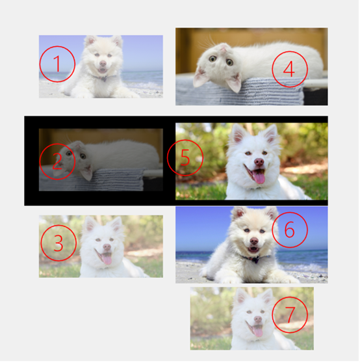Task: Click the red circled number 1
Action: (57, 64)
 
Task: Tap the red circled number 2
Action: (57, 161)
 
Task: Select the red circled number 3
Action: (58, 243)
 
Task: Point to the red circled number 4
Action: (290, 69)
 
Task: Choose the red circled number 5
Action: (185, 158)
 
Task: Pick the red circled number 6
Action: (290, 230)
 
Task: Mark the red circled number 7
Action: (290, 315)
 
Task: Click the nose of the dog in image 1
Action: (103, 63)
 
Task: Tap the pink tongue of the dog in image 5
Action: (259, 177)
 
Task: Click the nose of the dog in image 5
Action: (259, 161)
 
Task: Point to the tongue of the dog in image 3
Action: (107, 259)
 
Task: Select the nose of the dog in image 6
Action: (254, 241)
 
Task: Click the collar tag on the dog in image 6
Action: (256, 260)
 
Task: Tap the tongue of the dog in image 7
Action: (258, 331)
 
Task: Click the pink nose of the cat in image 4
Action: (224, 48)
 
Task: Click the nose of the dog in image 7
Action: (258, 319)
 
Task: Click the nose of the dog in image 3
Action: (107, 247)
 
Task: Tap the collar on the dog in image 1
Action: (103, 77)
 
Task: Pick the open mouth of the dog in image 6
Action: (253, 249)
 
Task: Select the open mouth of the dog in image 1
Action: (103, 70)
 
